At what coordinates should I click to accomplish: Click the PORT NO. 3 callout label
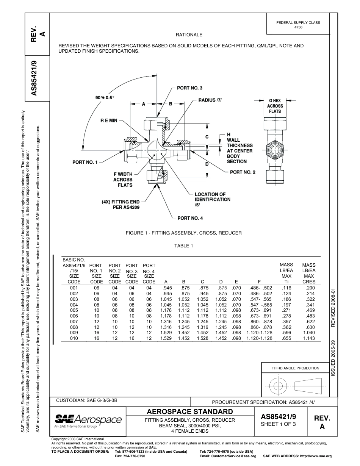tap(189, 88)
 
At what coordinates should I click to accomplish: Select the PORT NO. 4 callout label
tap(190, 218)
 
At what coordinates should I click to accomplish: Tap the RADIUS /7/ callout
tap(210, 100)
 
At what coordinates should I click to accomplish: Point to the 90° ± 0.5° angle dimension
tap(105, 97)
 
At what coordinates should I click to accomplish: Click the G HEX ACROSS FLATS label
tap(275, 106)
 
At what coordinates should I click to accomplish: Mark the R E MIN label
tap(109, 120)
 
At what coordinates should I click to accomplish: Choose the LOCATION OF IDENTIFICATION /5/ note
tap(212, 199)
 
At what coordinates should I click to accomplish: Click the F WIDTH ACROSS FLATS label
tap(123, 180)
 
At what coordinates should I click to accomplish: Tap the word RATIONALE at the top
tap(189, 35)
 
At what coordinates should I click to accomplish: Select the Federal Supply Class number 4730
tap(298, 27)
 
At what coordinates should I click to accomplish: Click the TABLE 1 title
tap(184, 246)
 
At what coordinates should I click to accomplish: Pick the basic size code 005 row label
tap(74, 310)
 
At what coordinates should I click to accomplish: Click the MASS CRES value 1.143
tap(309, 338)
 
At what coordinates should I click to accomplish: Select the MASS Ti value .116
tap(287, 288)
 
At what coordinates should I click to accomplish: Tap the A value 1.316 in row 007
tap(165, 322)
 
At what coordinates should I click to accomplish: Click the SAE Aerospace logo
tap(88, 421)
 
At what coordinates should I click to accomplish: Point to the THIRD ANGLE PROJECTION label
tap(295, 368)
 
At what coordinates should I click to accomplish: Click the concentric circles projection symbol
tap(279, 386)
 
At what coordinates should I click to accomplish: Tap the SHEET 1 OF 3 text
tap(278, 424)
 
